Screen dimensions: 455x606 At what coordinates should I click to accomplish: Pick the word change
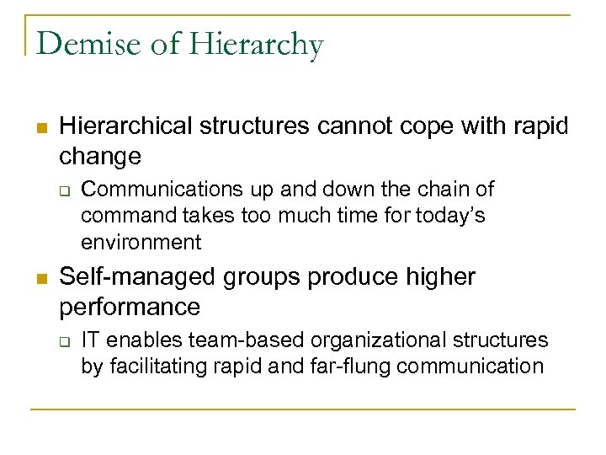click(x=100, y=157)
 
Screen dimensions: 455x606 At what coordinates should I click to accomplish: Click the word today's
click(x=451, y=217)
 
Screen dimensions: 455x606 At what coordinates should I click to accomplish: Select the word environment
click(x=141, y=244)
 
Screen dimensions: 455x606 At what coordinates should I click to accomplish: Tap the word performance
click(x=130, y=308)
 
